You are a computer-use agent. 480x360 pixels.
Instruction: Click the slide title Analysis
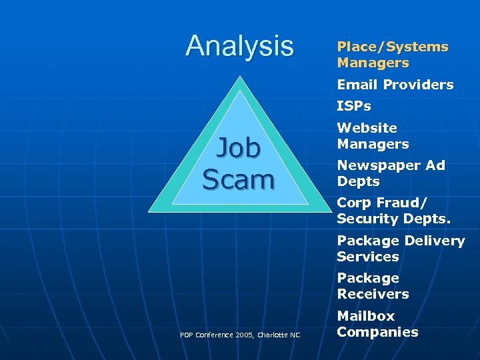(x=239, y=46)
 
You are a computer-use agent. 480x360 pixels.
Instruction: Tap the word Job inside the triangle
(x=238, y=148)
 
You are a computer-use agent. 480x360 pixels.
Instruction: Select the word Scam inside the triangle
(x=238, y=179)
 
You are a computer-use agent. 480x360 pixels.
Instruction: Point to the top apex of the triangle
(x=238, y=75)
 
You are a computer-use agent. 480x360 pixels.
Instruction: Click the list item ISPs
(x=353, y=106)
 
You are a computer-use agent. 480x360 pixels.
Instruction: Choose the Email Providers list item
(x=395, y=85)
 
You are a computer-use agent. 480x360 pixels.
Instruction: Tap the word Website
(x=367, y=127)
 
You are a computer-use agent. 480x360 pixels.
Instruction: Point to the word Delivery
(x=434, y=241)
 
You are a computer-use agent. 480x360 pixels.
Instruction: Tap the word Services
(x=367, y=257)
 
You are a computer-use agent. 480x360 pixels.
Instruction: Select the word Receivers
(x=373, y=294)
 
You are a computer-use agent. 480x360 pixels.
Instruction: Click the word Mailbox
(x=365, y=315)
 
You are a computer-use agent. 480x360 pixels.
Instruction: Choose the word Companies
(x=377, y=332)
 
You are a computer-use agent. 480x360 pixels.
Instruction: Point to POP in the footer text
(x=187, y=335)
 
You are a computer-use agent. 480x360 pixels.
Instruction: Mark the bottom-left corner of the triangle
(x=149, y=211)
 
